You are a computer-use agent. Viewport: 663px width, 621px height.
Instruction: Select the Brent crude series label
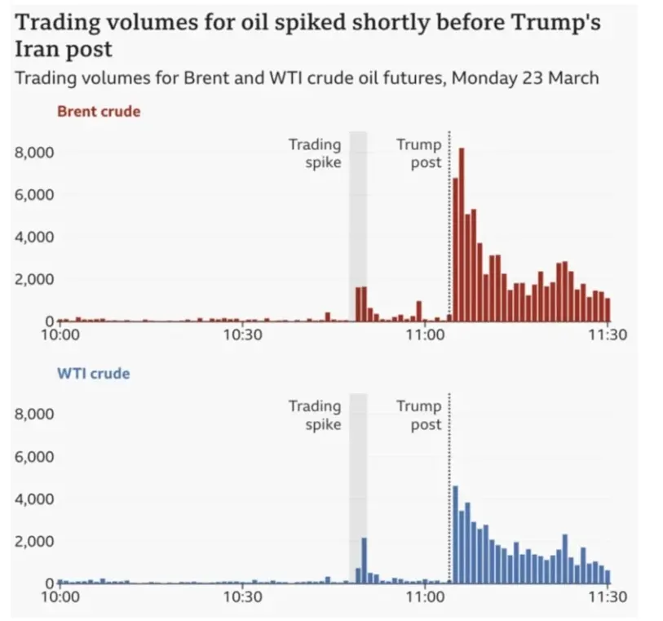click(x=99, y=111)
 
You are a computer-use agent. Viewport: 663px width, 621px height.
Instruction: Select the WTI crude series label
click(x=93, y=374)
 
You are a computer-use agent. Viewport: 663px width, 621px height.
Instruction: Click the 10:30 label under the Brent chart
click(x=241, y=335)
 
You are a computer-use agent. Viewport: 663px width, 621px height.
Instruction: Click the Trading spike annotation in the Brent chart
click(x=315, y=153)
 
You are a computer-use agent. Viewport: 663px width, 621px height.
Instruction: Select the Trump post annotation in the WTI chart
click(x=418, y=415)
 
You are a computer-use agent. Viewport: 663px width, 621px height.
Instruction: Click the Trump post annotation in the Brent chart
click(x=418, y=153)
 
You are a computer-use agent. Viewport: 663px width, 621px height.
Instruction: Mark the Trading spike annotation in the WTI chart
click(x=315, y=415)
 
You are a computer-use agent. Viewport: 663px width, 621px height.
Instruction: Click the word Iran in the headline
click(x=36, y=49)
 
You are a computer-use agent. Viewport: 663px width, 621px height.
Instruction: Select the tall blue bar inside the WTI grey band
click(x=365, y=561)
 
